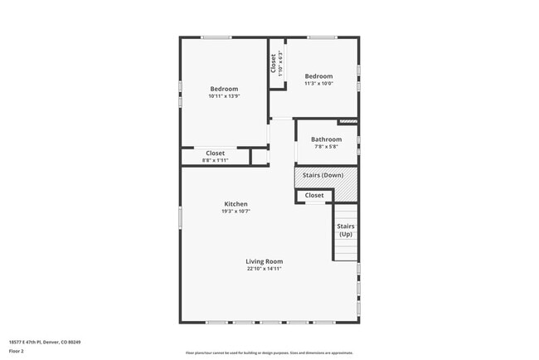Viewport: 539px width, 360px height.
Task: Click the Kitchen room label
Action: pos(236,204)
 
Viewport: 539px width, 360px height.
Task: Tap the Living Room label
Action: pos(265,261)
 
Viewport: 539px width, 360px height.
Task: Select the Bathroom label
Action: pos(326,139)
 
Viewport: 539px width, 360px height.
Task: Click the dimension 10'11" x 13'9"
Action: pos(224,96)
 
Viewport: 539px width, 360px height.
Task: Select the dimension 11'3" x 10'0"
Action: pos(318,83)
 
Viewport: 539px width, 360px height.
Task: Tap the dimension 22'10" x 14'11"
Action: pos(265,269)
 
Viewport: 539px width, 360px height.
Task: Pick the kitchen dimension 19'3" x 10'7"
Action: pos(236,212)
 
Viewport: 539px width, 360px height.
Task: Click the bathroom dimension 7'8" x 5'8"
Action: pos(326,147)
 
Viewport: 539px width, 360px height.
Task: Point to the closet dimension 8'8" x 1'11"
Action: pos(216,160)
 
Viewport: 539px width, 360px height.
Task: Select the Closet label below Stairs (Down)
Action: pos(314,196)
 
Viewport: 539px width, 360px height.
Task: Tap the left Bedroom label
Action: pos(224,89)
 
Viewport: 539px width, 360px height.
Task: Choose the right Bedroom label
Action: pos(318,76)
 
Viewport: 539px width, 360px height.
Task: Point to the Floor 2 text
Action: pos(17,351)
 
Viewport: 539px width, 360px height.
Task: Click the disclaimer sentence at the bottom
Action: pos(269,353)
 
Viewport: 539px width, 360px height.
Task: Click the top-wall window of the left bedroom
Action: pos(217,36)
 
